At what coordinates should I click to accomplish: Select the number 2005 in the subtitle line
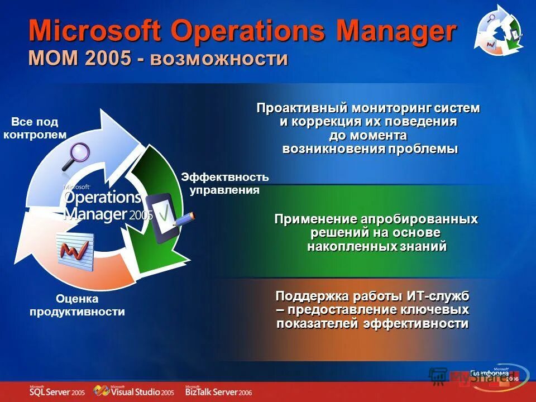pyautogui.click(x=109, y=58)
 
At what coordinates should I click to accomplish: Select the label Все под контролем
pyautogui.click(x=35, y=128)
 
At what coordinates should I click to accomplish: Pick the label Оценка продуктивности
pyautogui.click(x=77, y=305)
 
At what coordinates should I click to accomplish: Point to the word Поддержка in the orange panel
pyautogui.click(x=309, y=295)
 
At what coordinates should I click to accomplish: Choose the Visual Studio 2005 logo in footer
pyautogui.click(x=135, y=391)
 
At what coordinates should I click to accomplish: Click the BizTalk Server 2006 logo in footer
pyautogui.click(x=219, y=391)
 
